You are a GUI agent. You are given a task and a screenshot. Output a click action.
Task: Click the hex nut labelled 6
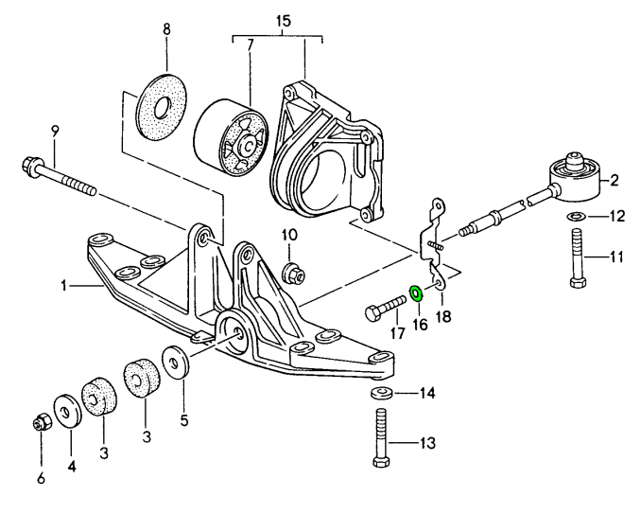[x=41, y=422]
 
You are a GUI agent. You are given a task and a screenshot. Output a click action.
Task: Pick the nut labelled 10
[x=292, y=274]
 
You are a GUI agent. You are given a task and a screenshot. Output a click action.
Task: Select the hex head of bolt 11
[x=577, y=281]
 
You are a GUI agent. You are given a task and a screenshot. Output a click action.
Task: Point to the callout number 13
[x=427, y=440]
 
